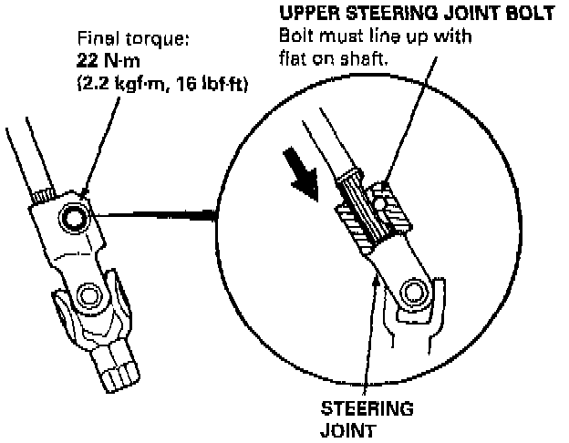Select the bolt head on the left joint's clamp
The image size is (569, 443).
(73, 216)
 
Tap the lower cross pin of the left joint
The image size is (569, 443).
(88, 294)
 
